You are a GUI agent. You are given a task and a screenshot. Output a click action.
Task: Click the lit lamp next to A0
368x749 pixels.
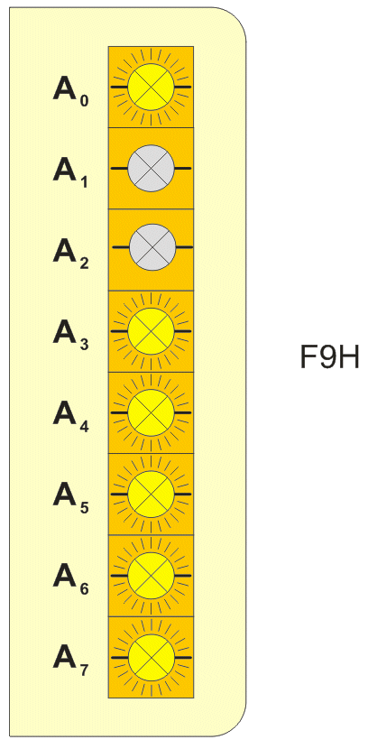(151, 87)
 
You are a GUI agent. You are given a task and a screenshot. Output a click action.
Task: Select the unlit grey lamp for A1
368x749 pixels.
(151, 169)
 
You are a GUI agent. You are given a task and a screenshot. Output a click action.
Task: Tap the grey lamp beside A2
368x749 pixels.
(152, 247)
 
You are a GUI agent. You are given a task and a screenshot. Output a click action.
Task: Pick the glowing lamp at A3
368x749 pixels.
(151, 331)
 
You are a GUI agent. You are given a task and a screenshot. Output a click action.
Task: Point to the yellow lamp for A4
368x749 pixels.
(151, 412)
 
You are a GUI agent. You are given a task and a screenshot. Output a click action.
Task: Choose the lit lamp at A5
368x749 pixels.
(151, 494)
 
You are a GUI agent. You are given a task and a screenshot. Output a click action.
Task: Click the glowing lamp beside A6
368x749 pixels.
(151, 576)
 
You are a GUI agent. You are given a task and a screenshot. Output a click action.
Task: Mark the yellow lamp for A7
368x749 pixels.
(151, 657)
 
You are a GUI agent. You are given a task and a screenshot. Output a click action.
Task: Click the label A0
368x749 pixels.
(70, 92)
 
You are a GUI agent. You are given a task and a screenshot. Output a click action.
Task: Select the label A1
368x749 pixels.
(70, 173)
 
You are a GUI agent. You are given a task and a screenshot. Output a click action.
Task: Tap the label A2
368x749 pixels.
(70, 254)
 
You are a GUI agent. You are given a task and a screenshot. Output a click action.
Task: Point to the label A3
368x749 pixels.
(70, 336)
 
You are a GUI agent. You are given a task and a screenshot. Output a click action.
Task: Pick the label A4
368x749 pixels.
(70, 417)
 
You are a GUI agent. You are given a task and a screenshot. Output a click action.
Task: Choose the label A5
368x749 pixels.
(70, 499)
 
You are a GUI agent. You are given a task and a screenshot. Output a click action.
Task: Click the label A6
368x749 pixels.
(70, 580)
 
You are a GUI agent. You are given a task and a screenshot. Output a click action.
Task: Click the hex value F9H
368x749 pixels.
(329, 357)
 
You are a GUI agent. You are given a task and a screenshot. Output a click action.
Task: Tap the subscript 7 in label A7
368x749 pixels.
(84, 670)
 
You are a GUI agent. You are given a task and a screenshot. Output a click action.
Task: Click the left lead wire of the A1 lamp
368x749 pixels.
(119, 169)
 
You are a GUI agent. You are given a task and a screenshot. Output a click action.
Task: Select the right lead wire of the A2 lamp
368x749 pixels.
(184, 247)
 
